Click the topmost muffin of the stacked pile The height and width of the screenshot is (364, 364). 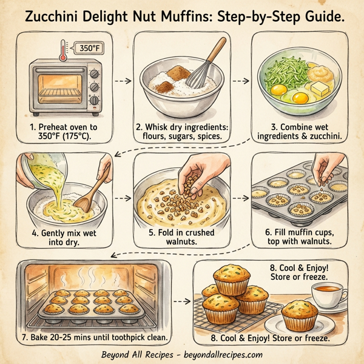coord(231,280)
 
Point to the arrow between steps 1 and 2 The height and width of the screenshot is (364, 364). coord(123,79)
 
